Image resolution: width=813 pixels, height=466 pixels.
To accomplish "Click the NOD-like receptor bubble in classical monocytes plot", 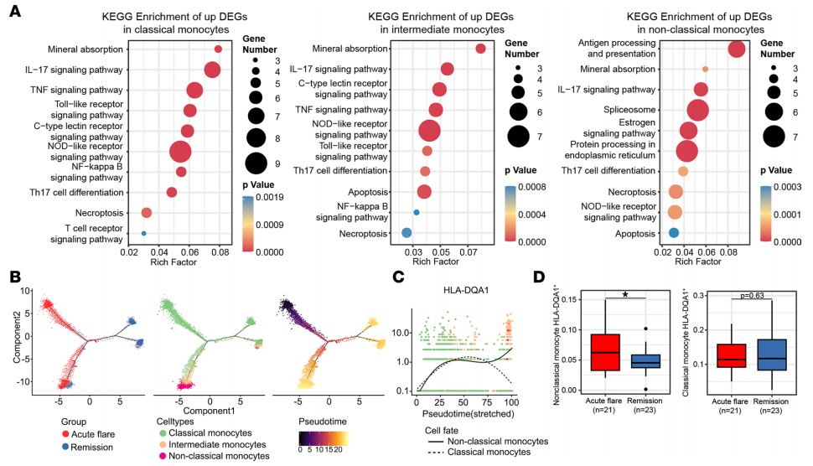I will click(x=179, y=152).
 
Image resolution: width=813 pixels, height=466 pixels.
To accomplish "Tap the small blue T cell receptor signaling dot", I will click(x=144, y=233).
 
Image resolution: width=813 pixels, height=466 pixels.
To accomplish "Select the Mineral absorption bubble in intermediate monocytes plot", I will click(x=480, y=49).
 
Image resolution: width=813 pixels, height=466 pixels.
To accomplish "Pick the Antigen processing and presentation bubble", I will click(x=737, y=49).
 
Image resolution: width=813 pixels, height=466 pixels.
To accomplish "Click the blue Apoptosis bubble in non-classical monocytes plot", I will click(x=674, y=232).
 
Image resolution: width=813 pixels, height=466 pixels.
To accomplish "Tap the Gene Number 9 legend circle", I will click(x=256, y=162).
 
